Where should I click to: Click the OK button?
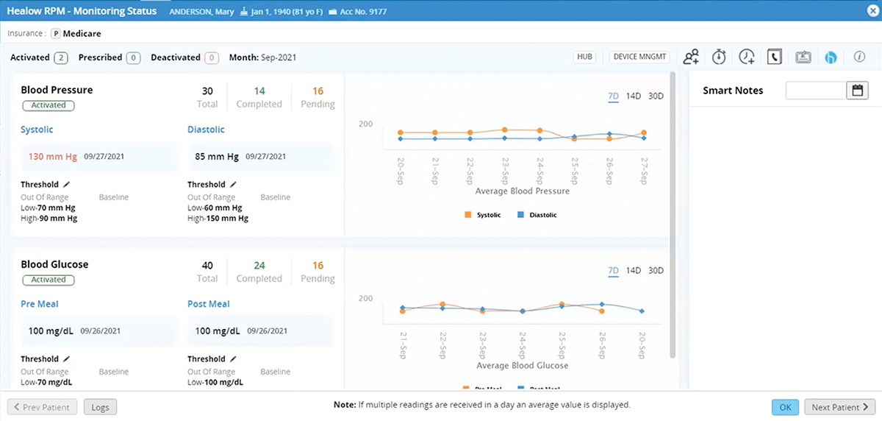coord(785,407)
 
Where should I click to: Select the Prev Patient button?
coord(43,407)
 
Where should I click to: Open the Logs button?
coord(100,407)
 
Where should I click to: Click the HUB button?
coord(585,57)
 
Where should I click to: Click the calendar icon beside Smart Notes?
coord(857,91)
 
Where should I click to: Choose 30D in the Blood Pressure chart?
coord(656,96)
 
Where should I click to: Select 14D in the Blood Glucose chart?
coord(634,270)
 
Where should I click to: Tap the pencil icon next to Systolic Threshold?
coord(66,185)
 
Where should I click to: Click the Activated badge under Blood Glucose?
coord(49,280)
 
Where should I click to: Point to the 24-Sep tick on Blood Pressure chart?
coord(540,171)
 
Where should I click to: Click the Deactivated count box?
coord(212,57)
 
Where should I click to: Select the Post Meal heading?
coord(208,304)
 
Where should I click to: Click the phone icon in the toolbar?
coord(775,57)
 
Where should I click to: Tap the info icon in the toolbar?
coord(858,57)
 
